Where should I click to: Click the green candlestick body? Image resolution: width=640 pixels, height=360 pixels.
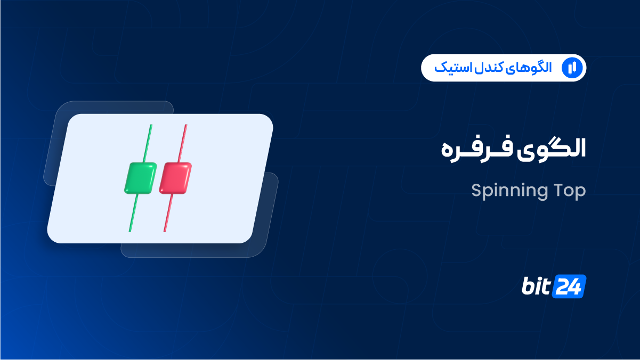click(141, 178)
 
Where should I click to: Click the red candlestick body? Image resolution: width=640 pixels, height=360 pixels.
click(175, 178)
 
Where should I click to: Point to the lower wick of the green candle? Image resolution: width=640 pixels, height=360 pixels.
click(134, 212)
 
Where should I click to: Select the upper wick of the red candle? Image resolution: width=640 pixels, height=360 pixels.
click(183, 143)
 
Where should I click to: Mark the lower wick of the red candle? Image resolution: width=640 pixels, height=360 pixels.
click(168, 212)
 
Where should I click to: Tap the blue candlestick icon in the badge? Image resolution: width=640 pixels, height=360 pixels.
click(572, 68)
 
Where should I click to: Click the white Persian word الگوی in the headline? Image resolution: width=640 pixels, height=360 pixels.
click(551, 149)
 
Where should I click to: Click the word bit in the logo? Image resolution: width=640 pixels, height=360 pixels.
click(536, 286)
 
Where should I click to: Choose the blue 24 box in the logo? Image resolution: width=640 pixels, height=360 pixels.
click(569, 287)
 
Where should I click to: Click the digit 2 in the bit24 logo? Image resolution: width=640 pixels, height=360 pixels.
click(562, 287)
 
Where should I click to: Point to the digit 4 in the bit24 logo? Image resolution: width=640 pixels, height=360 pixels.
click(576, 287)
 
